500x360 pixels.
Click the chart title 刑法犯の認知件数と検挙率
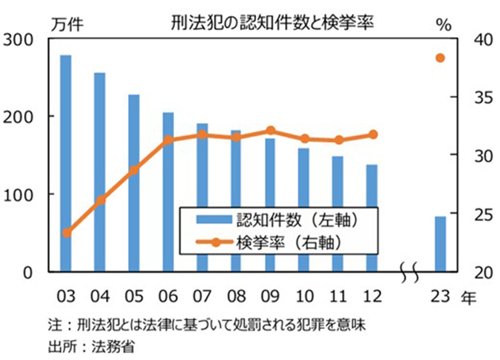270,23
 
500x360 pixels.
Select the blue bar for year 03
65,163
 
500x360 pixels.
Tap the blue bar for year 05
134,183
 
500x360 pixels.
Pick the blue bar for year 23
441,244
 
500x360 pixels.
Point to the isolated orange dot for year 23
441,58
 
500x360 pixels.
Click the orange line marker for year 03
66,233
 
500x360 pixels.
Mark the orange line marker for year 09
270,131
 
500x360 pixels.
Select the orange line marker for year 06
168,140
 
